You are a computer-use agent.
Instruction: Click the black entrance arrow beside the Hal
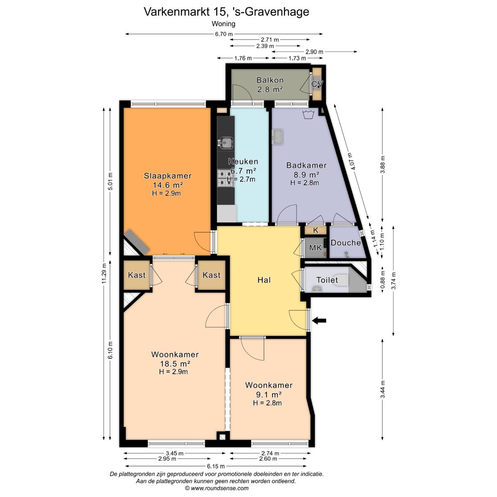point(319,321)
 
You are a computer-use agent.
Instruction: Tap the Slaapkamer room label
point(168,176)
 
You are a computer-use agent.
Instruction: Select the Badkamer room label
point(306,165)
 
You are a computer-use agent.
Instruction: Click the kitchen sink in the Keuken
point(225,142)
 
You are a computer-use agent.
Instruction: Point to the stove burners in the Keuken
point(225,178)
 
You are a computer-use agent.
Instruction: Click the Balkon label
point(270,80)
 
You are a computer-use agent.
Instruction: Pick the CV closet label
point(317,84)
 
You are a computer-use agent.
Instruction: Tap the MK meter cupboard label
point(315,248)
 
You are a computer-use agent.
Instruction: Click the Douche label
point(346,243)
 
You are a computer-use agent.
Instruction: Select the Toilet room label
point(327,280)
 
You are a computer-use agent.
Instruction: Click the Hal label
point(264,280)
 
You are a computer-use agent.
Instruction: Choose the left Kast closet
point(137,275)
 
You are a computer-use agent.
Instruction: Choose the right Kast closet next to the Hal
point(211,275)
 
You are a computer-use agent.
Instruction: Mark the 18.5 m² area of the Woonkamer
point(175,364)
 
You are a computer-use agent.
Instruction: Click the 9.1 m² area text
point(269,395)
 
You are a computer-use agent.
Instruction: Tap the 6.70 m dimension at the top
point(224,34)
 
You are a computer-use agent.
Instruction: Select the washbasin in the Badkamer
point(277,137)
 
